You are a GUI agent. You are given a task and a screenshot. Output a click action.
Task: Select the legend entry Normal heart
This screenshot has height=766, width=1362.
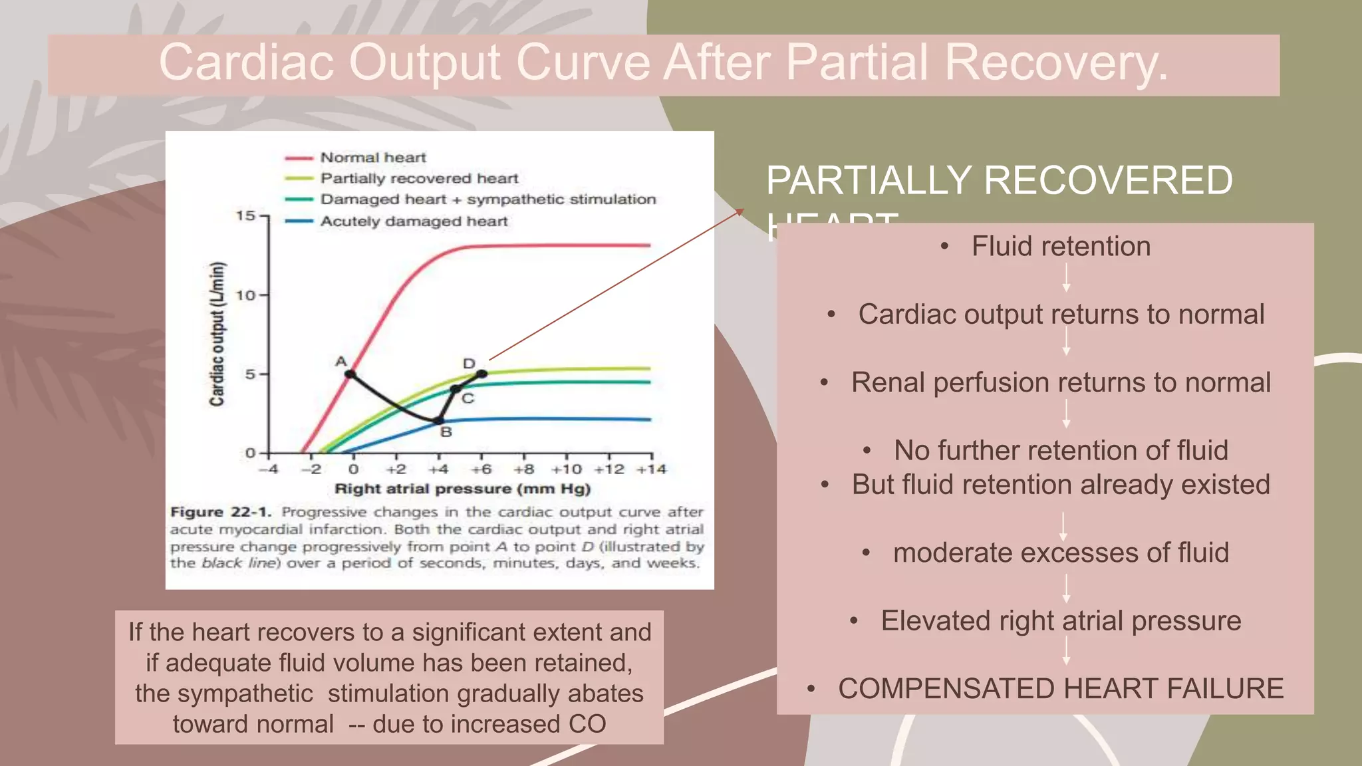point(372,158)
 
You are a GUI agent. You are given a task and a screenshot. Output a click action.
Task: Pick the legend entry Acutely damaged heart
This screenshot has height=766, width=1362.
point(414,221)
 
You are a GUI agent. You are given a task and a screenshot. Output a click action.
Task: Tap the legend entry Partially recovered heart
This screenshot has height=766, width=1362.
point(419,178)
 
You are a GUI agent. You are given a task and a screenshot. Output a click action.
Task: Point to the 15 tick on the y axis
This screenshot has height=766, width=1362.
point(245,215)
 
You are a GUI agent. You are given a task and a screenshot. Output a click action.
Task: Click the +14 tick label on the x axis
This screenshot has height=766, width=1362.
point(651,469)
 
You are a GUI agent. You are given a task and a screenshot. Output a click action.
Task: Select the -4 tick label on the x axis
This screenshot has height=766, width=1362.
point(269,469)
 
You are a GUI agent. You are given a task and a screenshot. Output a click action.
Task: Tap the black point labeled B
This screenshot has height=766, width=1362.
point(439,420)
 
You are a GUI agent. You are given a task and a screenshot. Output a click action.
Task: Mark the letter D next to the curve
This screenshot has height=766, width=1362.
point(470,364)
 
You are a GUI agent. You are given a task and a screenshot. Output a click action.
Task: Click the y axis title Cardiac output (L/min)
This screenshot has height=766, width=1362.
point(217,334)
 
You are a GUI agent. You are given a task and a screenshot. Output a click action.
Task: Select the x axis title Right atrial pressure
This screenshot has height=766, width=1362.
point(462,489)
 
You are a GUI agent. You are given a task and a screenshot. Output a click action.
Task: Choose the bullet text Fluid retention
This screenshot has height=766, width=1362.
point(1061,247)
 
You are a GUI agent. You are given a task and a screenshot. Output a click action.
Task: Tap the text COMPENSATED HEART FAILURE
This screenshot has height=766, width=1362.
point(1061,689)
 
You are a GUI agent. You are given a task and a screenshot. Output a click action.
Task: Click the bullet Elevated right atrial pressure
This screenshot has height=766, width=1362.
point(1061,621)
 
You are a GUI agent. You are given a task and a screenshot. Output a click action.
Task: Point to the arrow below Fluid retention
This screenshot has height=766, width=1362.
point(1066,278)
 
